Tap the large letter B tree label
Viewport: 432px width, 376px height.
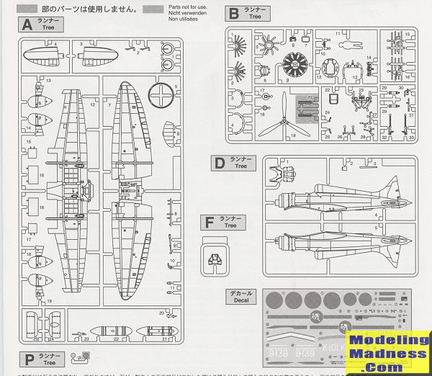pyautogui.click(x=233, y=13)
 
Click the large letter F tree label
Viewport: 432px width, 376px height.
pyautogui.click(x=210, y=223)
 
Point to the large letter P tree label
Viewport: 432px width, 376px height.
pyautogui.click(x=29, y=359)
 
